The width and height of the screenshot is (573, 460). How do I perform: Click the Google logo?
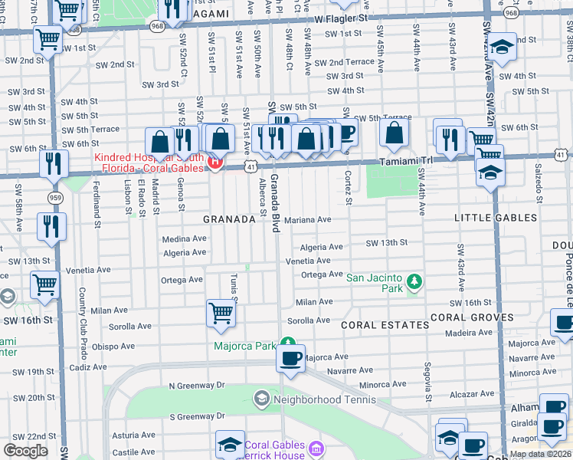click(25, 451)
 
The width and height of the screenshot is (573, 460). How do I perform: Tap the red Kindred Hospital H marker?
click(216, 163)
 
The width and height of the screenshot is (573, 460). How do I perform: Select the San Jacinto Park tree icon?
click(414, 282)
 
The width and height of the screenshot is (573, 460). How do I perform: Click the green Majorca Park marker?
click(287, 343)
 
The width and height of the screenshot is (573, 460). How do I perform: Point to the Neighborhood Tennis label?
click(325, 399)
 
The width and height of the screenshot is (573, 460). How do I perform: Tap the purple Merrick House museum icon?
click(316, 447)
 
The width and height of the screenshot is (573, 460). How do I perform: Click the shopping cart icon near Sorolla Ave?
click(221, 314)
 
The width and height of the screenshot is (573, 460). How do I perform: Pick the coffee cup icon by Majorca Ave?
click(290, 358)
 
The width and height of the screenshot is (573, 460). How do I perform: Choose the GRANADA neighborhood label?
click(228, 219)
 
